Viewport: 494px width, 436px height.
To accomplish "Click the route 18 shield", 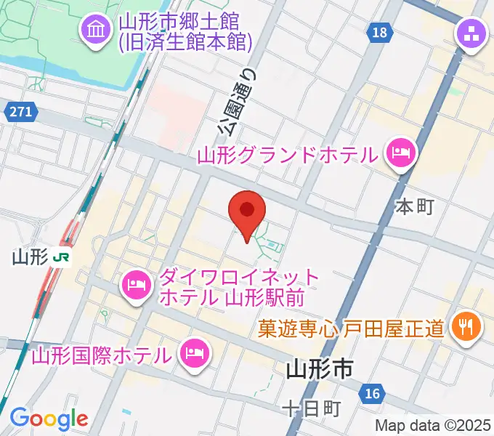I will pyautogui.click(x=379, y=32).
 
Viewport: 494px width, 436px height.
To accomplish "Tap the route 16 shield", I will pyautogui.click(x=371, y=393).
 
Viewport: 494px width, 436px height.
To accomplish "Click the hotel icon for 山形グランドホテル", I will pyautogui.click(x=400, y=153).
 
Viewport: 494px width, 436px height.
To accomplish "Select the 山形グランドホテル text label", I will pyautogui.click(x=288, y=154).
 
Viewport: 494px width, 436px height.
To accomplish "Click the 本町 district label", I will pyautogui.click(x=414, y=206).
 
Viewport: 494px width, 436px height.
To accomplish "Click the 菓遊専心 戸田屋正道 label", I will pyautogui.click(x=350, y=329).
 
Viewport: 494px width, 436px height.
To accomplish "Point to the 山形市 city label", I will pyautogui.click(x=319, y=370).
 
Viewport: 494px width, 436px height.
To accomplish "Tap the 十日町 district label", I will pyautogui.click(x=312, y=409).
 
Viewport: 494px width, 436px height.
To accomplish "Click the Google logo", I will pyautogui.click(x=48, y=419).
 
